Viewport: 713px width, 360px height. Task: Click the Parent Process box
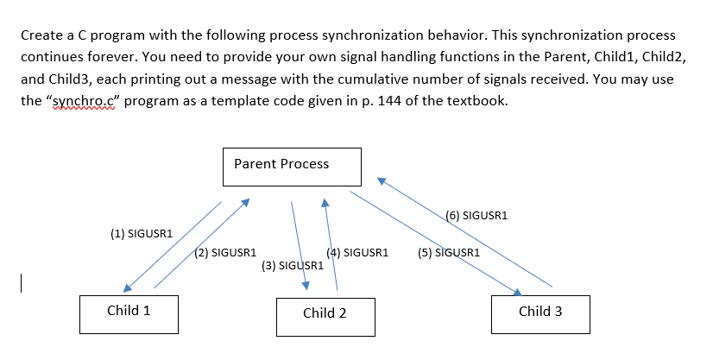coord(292,166)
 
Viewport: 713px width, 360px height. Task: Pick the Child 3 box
coord(539,313)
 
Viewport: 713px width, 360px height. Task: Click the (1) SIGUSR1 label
coord(142,233)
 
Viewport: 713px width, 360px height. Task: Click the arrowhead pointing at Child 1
coord(128,288)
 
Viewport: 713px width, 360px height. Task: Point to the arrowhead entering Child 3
coord(517,293)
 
